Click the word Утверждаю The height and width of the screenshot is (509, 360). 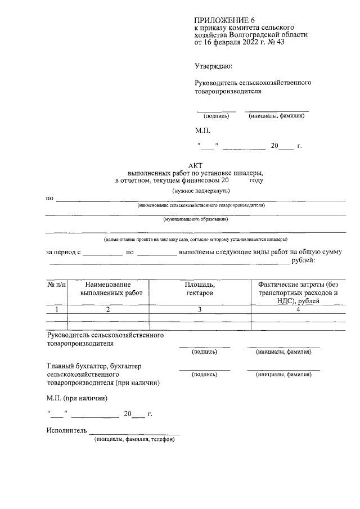213,66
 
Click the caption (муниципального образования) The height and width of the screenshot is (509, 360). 195,219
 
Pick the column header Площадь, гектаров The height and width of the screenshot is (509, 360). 199,289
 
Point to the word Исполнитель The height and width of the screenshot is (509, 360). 67,431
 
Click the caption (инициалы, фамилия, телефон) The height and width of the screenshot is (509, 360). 134,440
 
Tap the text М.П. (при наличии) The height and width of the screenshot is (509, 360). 76,398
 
